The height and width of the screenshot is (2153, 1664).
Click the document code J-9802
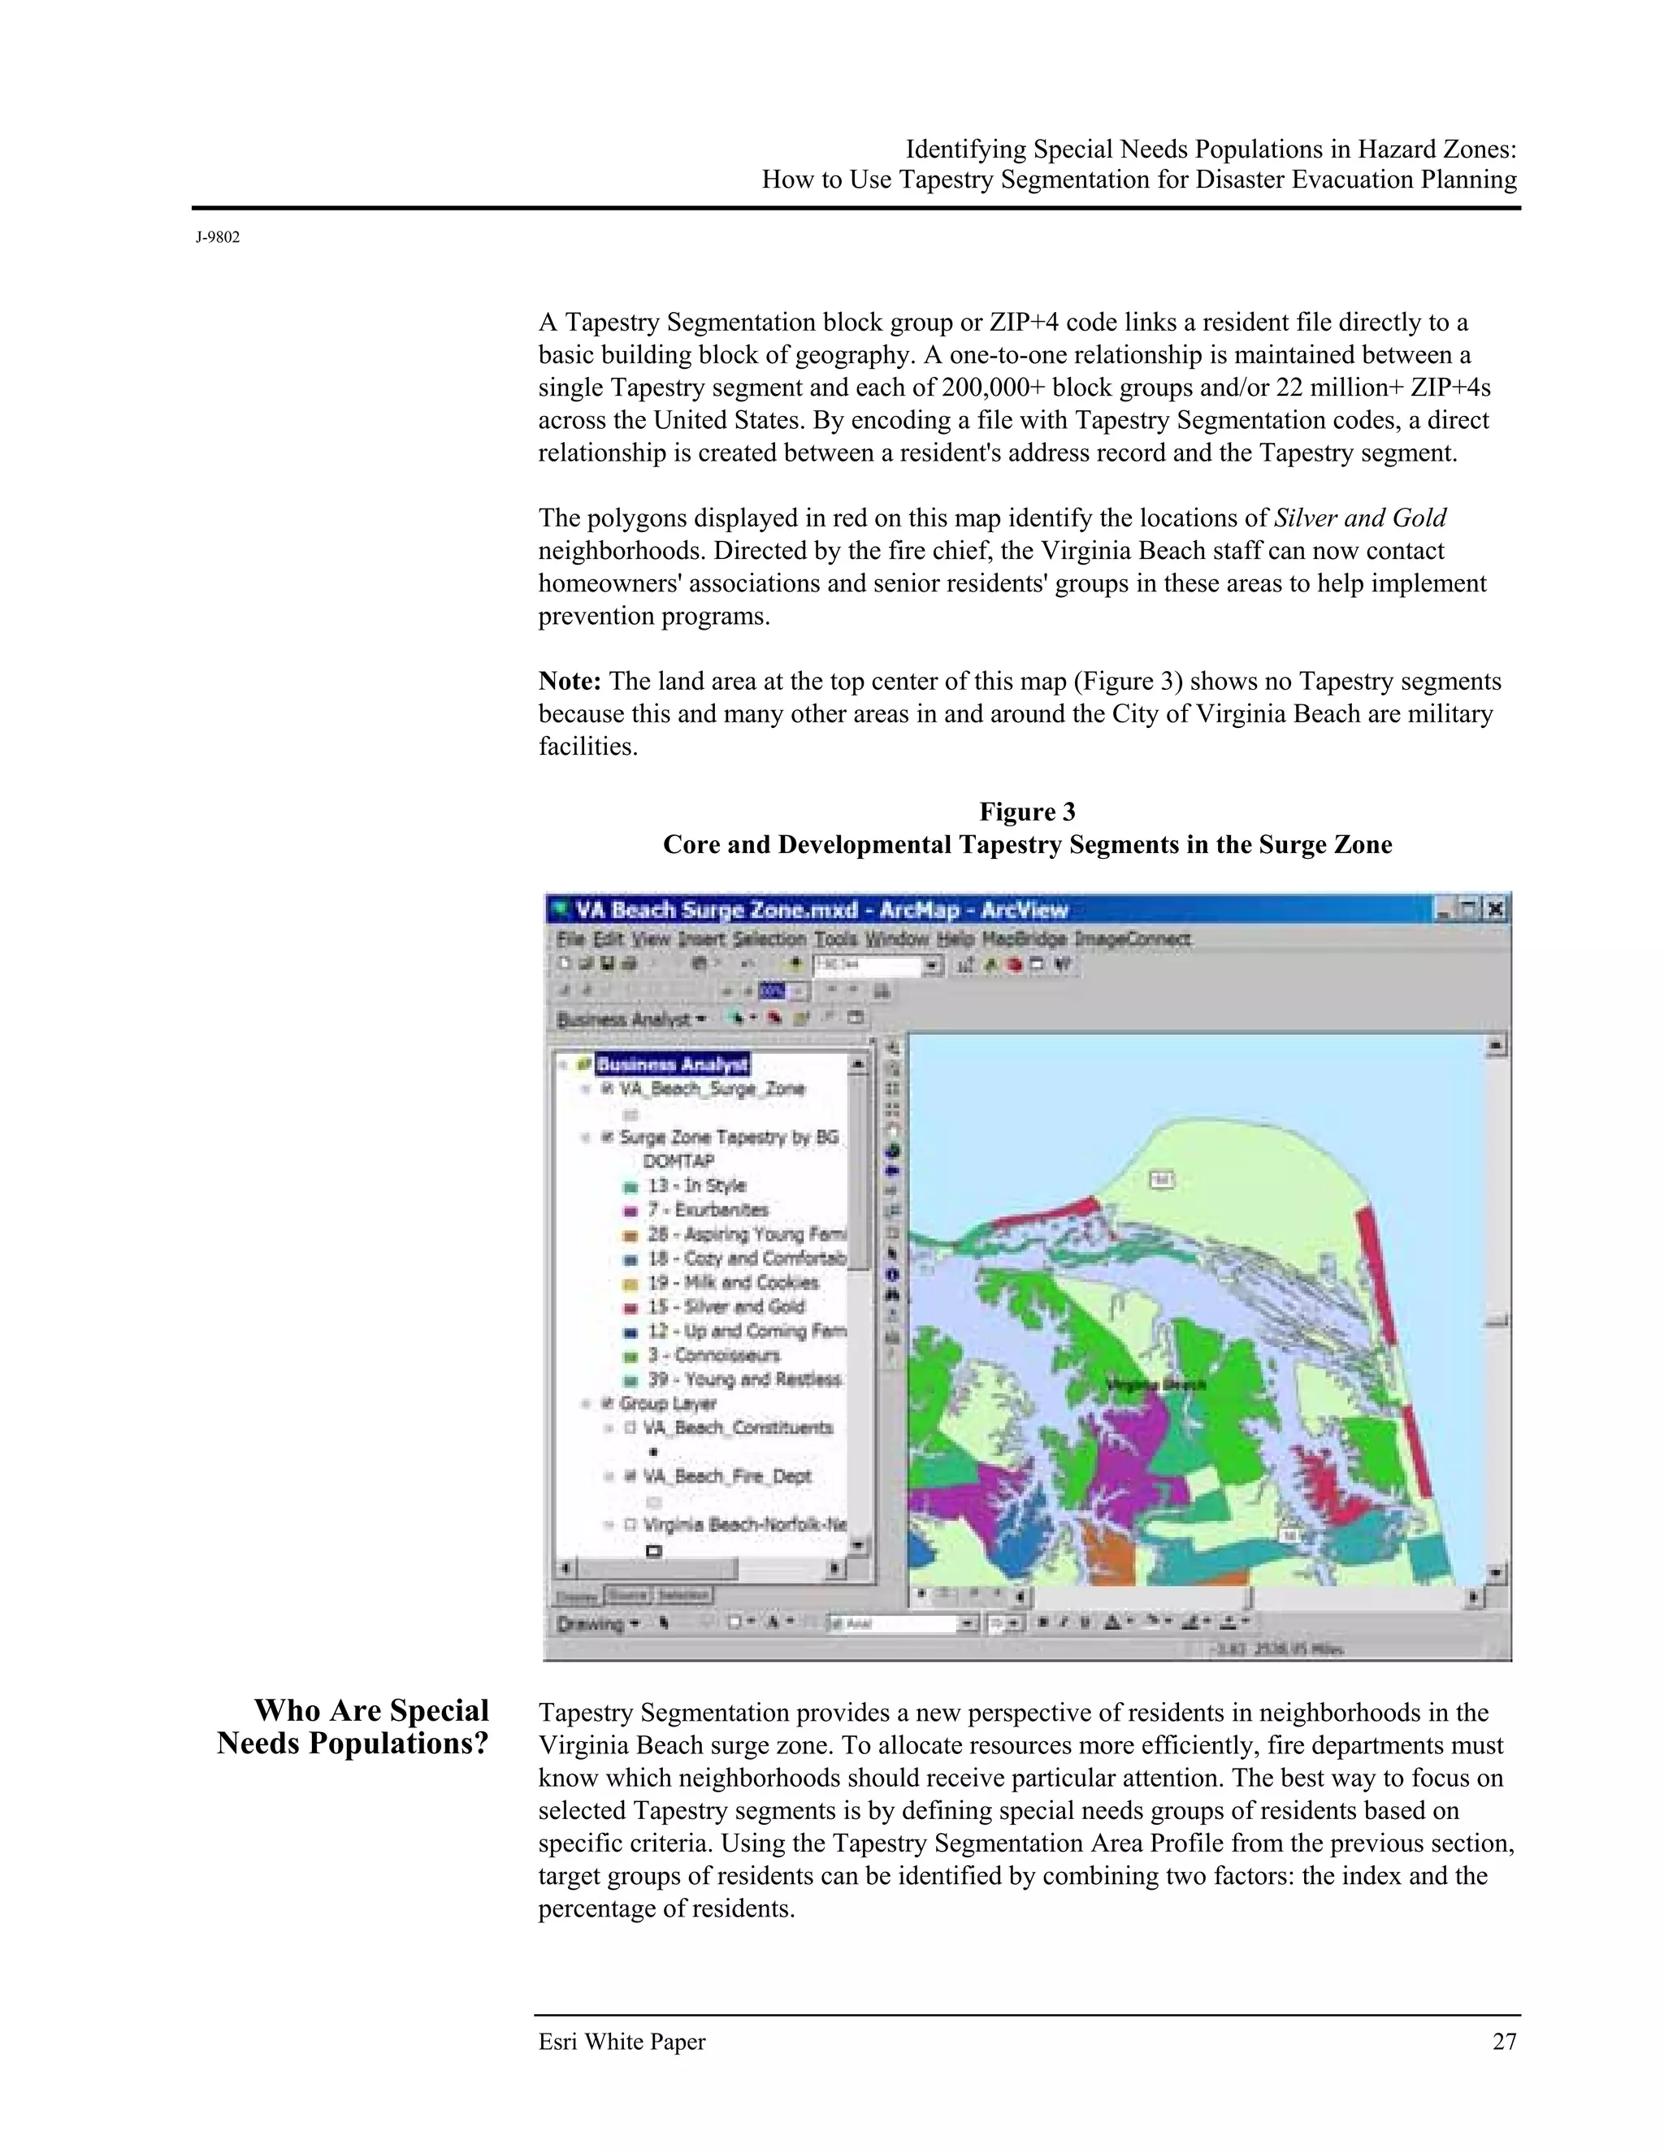[x=218, y=237]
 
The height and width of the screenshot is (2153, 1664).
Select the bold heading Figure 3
[x=1026, y=812]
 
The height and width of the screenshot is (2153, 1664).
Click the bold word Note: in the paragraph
[x=569, y=681]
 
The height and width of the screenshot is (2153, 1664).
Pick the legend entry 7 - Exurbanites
[x=707, y=1210]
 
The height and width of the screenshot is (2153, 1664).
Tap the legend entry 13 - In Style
[x=696, y=1185]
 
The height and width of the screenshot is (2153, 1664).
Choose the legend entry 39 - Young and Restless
[x=743, y=1380]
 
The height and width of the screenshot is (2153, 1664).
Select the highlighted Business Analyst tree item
[x=672, y=1064]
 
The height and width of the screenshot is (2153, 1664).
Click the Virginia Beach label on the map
[x=1155, y=1385]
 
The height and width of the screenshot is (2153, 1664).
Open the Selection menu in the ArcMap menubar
[x=769, y=938]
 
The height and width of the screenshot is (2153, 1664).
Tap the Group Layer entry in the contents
[x=666, y=1403]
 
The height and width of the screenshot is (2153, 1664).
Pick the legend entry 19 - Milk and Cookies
[x=732, y=1283]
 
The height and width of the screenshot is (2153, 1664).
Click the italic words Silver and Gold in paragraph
[x=1359, y=518]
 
